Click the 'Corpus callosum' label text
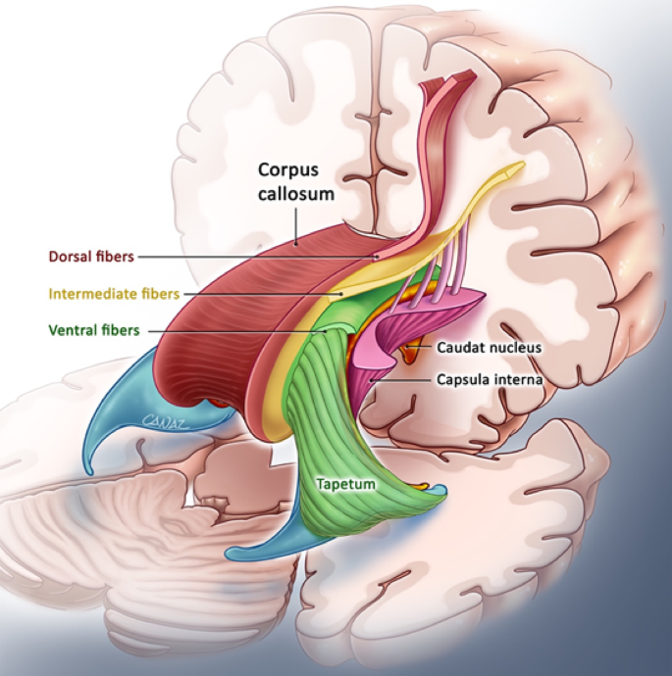296,181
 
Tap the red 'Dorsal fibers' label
91,257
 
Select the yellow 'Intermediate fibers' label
114,294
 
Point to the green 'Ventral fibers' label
94,330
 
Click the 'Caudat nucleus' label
489,348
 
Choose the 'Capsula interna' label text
490,379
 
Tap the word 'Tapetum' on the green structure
345,484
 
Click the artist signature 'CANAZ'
166,421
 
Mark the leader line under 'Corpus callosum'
296,226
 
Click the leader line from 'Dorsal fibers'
258,257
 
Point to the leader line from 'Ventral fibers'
237,332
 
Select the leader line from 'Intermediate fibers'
263,295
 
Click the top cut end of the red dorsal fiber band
449,79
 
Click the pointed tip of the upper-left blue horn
90,472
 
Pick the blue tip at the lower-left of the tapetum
231,554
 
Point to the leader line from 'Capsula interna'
401,381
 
